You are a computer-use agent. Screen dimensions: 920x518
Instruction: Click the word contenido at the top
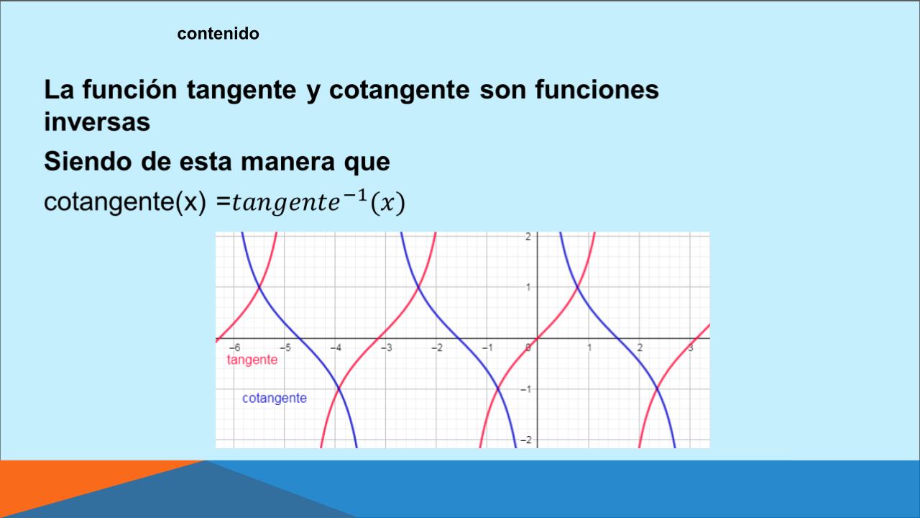click(218, 34)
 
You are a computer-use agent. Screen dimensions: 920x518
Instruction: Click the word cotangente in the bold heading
click(399, 91)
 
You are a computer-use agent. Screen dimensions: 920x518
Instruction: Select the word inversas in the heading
click(97, 122)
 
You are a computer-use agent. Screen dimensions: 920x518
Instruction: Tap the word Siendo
click(88, 161)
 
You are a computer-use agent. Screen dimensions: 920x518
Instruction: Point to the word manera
click(287, 162)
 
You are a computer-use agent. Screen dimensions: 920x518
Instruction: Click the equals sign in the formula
click(223, 202)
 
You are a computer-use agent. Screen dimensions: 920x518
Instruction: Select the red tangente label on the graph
click(252, 360)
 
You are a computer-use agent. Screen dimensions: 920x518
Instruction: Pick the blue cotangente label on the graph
click(275, 398)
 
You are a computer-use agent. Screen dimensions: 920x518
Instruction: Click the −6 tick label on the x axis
click(235, 347)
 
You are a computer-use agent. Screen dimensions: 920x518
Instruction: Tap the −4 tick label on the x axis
click(336, 347)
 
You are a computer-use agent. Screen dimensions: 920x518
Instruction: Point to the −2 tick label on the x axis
click(437, 347)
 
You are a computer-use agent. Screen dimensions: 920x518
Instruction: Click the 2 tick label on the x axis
click(640, 347)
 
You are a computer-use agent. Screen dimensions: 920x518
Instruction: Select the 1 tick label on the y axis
click(528, 287)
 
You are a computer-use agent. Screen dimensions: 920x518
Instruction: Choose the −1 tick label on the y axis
click(525, 389)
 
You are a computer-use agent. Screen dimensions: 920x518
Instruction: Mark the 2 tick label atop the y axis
click(528, 237)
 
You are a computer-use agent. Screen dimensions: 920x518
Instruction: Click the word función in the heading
click(130, 89)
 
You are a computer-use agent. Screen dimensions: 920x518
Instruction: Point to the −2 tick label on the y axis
click(525, 440)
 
